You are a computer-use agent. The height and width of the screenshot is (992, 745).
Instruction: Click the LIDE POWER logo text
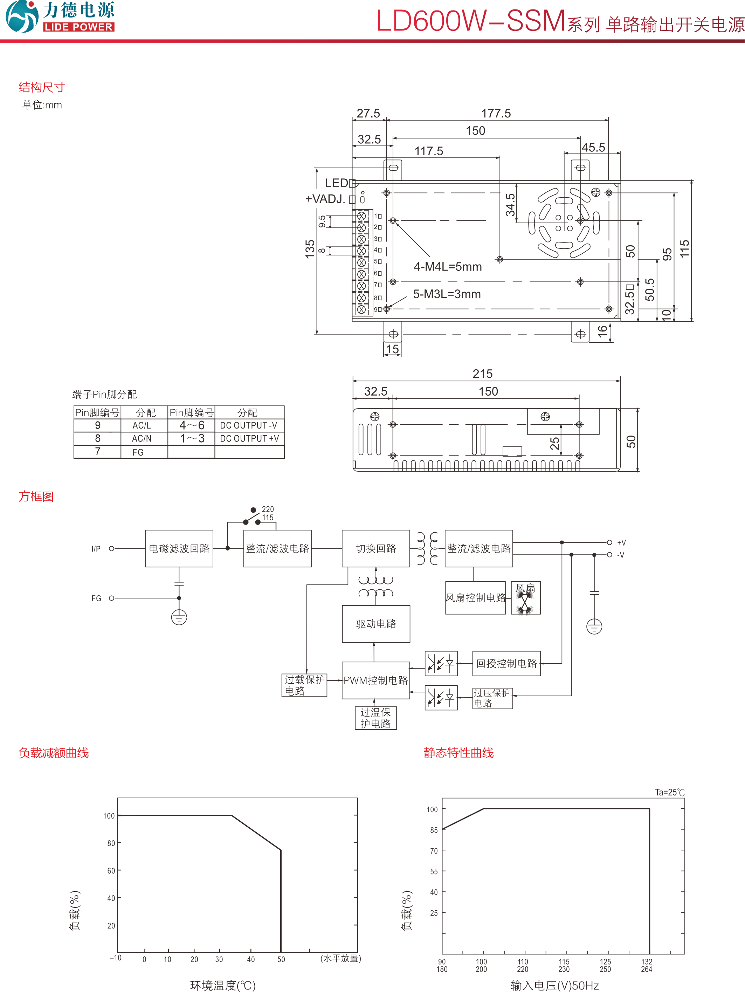click(x=78, y=27)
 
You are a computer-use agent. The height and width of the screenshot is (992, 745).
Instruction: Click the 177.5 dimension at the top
click(x=496, y=114)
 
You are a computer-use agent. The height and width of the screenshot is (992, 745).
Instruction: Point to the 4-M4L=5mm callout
click(x=447, y=267)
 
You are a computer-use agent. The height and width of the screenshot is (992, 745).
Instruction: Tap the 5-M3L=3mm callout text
click(x=447, y=294)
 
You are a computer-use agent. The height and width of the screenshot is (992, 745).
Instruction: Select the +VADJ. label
click(x=325, y=199)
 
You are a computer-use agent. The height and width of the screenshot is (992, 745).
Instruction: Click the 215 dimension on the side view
click(x=482, y=374)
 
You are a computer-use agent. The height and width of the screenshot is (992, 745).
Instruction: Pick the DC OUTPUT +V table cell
click(x=249, y=439)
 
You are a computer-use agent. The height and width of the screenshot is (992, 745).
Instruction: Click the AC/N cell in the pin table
click(x=142, y=439)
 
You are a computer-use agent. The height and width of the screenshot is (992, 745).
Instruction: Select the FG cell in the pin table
click(x=138, y=452)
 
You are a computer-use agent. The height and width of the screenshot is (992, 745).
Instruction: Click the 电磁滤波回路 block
click(x=179, y=548)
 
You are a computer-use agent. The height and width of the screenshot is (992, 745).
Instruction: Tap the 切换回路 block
click(x=375, y=548)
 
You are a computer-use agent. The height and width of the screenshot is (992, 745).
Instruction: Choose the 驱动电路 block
click(x=375, y=624)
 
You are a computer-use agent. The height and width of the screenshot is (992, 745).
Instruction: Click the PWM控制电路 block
click(x=375, y=680)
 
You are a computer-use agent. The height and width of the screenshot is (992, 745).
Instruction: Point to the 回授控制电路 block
click(x=506, y=663)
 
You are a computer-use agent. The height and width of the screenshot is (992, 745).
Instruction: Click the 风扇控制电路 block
click(x=475, y=598)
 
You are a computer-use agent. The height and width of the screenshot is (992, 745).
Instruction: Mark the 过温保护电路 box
click(x=375, y=718)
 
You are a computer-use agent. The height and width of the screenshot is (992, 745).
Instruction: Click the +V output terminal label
click(x=621, y=543)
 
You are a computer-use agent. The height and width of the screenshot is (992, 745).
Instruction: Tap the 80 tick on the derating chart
click(x=111, y=843)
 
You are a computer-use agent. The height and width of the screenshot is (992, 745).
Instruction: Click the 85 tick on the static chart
click(x=434, y=830)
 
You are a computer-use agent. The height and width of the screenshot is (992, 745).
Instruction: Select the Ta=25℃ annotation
click(x=669, y=792)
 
